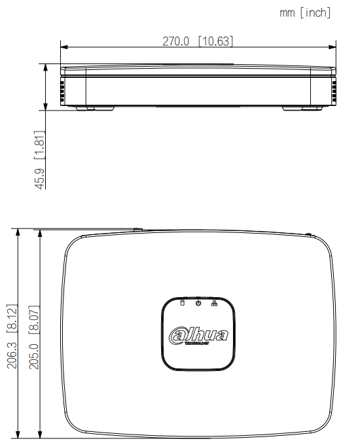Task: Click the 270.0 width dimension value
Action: pos(176,41)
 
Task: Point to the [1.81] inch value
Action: pos(40,145)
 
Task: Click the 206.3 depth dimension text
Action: pos(12,354)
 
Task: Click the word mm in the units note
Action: pos(287,12)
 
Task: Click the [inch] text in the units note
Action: pos(315,12)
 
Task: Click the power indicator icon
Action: pos(198,302)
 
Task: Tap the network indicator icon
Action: pos(215,302)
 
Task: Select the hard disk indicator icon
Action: pos(183,302)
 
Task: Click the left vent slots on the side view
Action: pos(63,91)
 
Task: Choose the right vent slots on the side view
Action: pos(333,91)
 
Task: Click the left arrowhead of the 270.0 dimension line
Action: pos(63,46)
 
